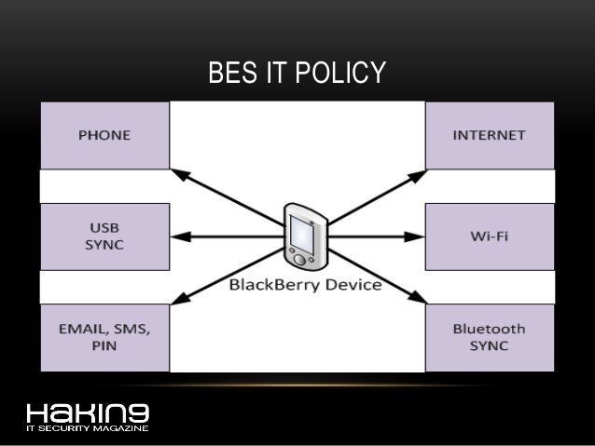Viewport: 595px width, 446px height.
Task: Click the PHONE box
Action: click(104, 135)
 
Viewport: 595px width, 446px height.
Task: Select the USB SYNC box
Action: click(104, 236)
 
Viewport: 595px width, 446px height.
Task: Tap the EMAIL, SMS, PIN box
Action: click(104, 337)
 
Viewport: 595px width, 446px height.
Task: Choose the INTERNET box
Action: click(489, 135)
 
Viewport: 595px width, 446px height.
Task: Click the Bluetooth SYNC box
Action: click(489, 337)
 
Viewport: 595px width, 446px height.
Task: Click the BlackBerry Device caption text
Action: click(305, 285)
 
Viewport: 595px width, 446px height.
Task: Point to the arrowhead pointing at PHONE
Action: click(179, 173)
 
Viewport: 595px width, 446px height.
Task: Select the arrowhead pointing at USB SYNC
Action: click(176, 236)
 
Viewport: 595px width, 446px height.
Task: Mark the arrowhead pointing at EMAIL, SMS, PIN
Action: click(179, 300)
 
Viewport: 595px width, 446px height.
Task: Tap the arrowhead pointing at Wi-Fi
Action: click(421, 236)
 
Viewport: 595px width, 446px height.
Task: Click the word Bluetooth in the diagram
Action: click(489, 329)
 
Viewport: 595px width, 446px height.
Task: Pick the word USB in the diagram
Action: click(104, 227)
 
